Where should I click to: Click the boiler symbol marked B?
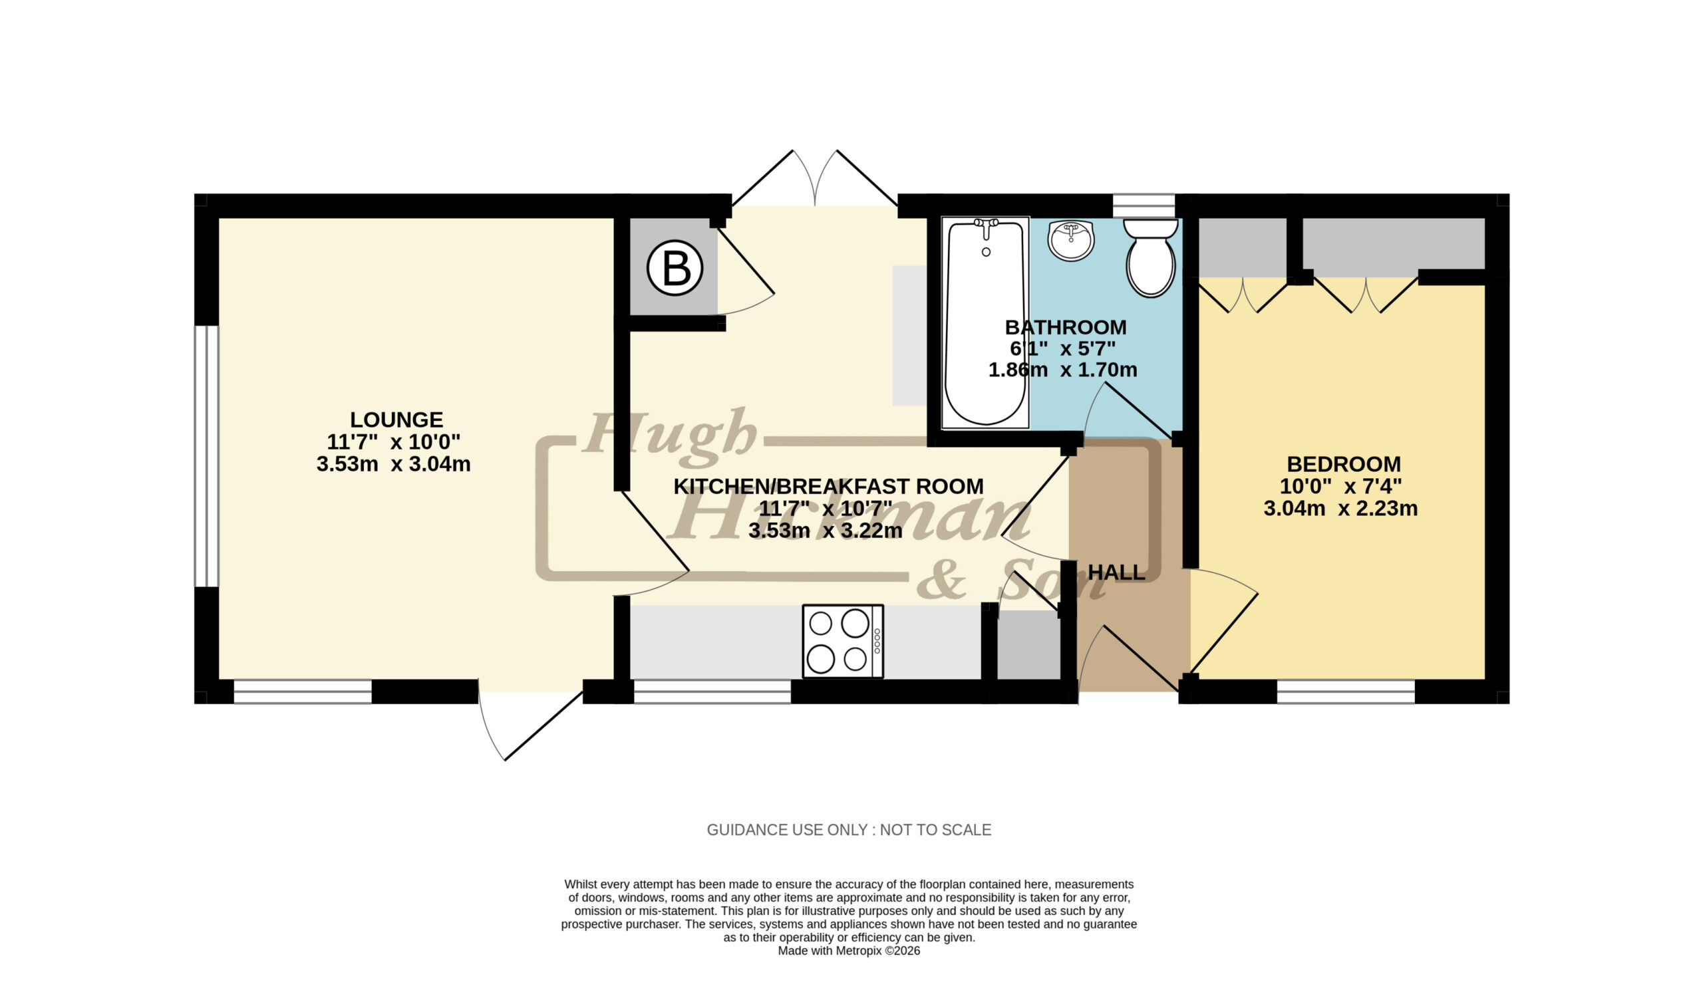pos(674,269)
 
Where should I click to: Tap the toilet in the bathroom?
pos(1150,257)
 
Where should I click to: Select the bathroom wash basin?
pos(1071,241)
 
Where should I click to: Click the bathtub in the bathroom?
pos(985,322)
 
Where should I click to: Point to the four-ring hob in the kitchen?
pos(842,640)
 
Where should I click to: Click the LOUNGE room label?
pos(396,420)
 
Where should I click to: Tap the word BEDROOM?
pos(1344,464)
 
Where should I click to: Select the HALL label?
pos(1116,573)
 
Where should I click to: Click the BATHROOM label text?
pos(1066,327)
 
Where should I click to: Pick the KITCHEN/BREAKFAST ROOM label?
pos(828,486)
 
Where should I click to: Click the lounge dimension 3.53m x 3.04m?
pos(393,464)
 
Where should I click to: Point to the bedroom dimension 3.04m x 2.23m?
pos(1340,509)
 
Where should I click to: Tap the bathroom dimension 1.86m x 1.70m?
pos(1062,370)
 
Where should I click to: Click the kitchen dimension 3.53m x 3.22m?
pos(826,530)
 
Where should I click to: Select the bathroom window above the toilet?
pos(1144,205)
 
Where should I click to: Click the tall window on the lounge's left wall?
pos(207,456)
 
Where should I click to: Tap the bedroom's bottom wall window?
pos(1346,692)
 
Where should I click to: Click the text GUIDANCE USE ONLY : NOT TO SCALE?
pos(849,830)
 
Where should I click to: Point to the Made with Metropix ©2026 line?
pos(849,951)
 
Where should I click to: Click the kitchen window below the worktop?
pos(712,692)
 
